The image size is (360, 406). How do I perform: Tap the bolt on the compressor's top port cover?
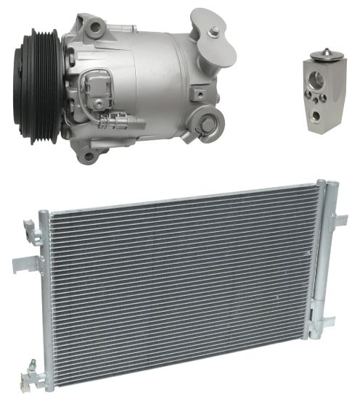tap(214, 30)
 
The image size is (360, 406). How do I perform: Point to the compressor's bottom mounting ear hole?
tap(88, 154)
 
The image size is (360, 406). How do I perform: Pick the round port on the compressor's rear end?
tap(211, 117)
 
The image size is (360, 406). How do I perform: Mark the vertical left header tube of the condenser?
tap(45, 297)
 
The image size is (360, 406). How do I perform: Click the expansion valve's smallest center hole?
tap(320, 95)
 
